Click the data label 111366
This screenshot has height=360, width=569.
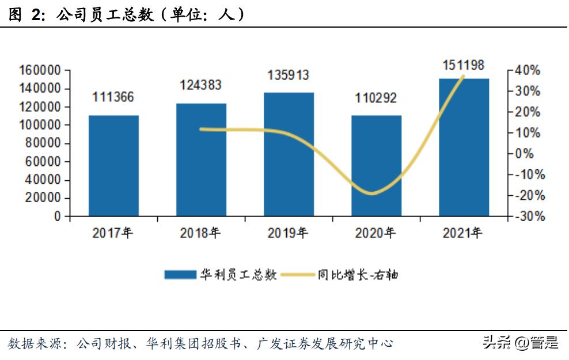113,97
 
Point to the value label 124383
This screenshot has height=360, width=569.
200,85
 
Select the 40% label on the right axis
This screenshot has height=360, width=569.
528,70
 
